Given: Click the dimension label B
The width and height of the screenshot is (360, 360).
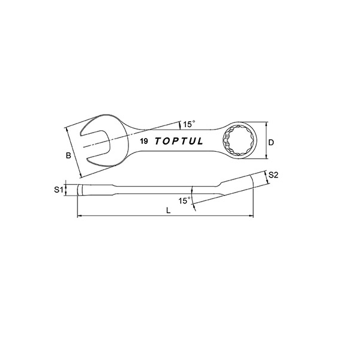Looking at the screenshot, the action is pyautogui.click(x=68, y=155).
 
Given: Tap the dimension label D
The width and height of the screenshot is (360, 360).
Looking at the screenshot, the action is pyautogui.click(x=271, y=142).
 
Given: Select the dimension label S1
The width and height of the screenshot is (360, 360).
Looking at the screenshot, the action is pyautogui.click(x=59, y=190).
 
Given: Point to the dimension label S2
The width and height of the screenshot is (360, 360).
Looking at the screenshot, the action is pyautogui.click(x=273, y=175).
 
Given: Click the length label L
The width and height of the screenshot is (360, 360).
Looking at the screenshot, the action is pyautogui.click(x=169, y=211).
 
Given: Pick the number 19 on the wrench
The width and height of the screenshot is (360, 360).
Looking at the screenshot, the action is pyautogui.click(x=144, y=141).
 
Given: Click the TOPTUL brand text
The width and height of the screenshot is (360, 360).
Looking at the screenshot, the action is pyautogui.click(x=179, y=141).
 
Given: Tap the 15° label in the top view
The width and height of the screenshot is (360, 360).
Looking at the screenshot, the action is pyautogui.click(x=189, y=124).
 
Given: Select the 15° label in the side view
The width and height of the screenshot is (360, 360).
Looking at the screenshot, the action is pyautogui.click(x=185, y=201).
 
